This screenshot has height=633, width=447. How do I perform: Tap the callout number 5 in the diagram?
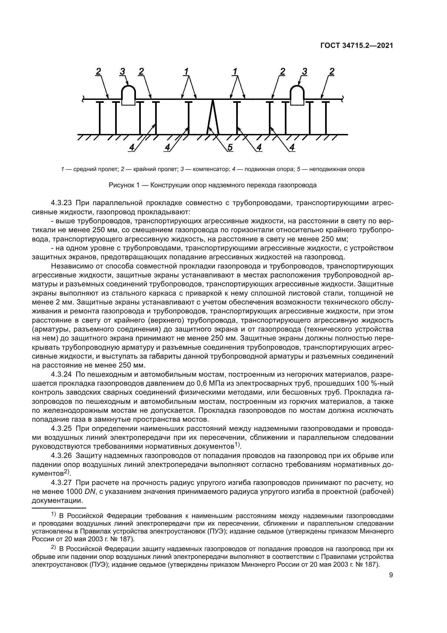point(230,147)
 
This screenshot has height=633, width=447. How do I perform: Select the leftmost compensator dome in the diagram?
point(129,95)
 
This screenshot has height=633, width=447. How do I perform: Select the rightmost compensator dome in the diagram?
point(297,95)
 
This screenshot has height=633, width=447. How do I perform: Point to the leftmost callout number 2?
point(98,72)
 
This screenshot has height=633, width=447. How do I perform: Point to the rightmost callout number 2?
point(332,72)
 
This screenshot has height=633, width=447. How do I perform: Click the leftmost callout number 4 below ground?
point(132,147)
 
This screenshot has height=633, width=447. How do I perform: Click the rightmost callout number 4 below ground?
point(292,147)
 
